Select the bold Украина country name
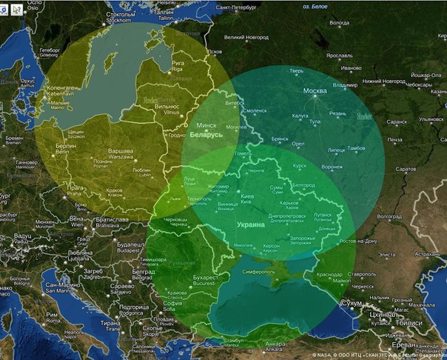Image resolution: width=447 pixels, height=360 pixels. (250, 224)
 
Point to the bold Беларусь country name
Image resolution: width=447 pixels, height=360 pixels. (206, 136)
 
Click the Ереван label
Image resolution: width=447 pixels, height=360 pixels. (403, 345)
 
